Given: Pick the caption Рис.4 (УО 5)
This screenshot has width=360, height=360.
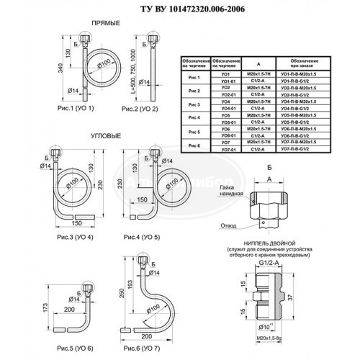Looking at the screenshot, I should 141,236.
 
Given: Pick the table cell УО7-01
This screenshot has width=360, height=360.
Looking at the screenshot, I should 230,150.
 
